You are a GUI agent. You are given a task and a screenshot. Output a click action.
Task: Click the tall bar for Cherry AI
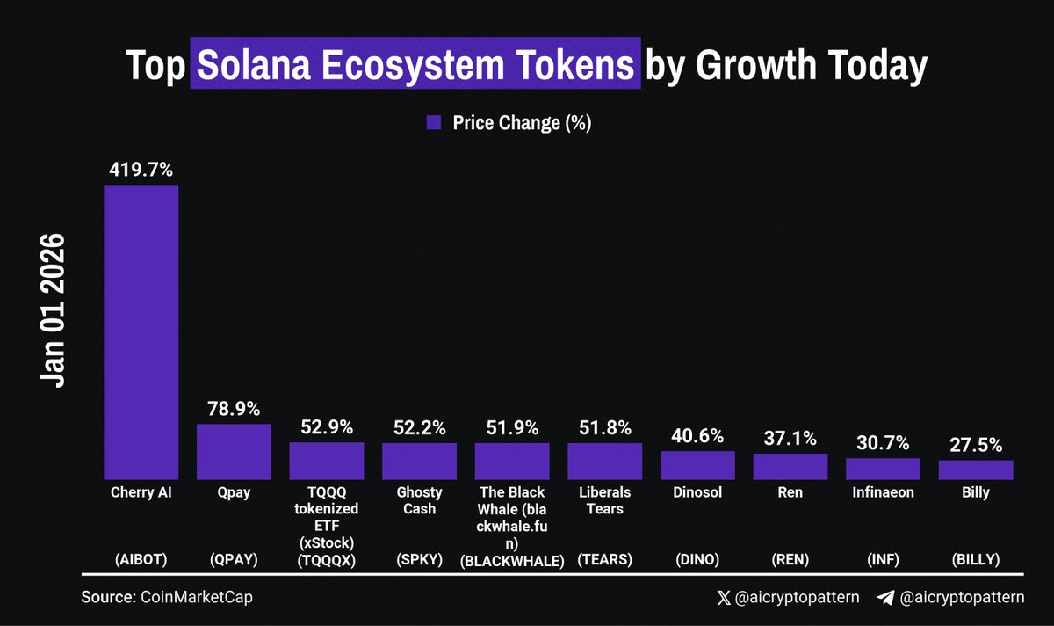pyautogui.click(x=141, y=332)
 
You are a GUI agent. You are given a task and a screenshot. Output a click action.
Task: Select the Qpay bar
pyautogui.click(x=234, y=452)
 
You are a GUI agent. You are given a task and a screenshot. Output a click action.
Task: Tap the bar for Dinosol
pyautogui.click(x=697, y=465)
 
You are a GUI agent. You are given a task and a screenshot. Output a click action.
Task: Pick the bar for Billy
pyautogui.click(x=976, y=470)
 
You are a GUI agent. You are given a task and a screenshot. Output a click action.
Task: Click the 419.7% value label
pyautogui.click(x=141, y=168)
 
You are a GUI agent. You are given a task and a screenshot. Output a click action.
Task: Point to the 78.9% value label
pyautogui.click(x=234, y=409)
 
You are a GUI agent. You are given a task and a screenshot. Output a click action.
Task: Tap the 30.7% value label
pyautogui.click(x=883, y=443)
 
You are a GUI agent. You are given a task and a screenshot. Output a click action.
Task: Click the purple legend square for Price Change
pyautogui.click(x=433, y=123)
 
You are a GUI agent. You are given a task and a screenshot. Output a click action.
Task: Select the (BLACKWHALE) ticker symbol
pyautogui.click(x=512, y=559)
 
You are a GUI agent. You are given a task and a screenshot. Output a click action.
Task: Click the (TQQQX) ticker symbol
pyautogui.click(x=327, y=559)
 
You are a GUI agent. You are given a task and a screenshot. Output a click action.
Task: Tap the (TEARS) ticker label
pyautogui.click(x=604, y=559)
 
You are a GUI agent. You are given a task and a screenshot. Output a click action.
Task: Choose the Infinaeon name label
pyautogui.click(x=883, y=492)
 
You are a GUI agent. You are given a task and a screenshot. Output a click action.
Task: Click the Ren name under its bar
pyautogui.click(x=790, y=492)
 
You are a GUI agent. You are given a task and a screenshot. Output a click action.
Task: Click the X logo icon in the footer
pyautogui.click(x=724, y=598)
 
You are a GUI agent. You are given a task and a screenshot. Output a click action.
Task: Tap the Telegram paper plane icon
pyautogui.click(x=885, y=598)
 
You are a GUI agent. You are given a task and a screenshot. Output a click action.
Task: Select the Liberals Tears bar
pyautogui.click(x=604, y=461)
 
